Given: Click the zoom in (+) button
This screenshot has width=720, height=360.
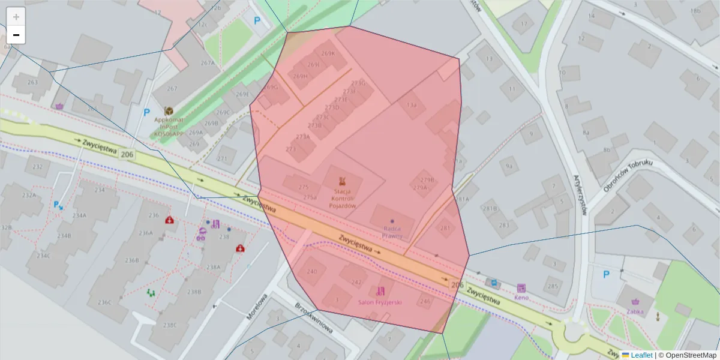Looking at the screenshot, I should pyautogui.click(x=16, y=17).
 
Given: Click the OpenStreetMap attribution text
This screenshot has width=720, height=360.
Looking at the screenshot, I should pyautogui.click(x=687, y=355).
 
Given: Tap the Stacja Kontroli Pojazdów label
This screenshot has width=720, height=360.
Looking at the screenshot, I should pyautogui.click(x=342, y=199).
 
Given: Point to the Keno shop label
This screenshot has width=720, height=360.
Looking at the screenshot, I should pyautogui.click(x=521, y=296).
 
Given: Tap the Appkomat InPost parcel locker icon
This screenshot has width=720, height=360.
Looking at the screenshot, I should pyautogui.click(x=169, y=111).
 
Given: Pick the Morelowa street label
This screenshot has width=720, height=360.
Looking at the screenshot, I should pyautogui.click(x=256, y=306).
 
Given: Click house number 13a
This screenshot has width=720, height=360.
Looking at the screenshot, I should pyautogui.click(x=412, y=104).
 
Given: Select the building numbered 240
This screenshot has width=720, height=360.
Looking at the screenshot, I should pyautogui.click(x=312, y=271).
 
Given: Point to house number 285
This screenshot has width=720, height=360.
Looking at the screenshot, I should pyautogui.click(x=553, y=286).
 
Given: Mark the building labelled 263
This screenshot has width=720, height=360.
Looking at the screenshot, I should pyautogui.click(x=32, y=83).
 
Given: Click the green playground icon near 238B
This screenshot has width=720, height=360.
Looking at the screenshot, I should pyautogui.click(x=150, y=293).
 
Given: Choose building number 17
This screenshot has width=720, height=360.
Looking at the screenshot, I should pyautogui.click(x=523, y=25).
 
